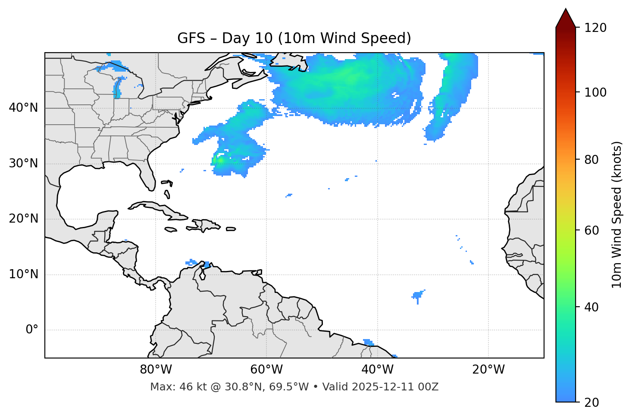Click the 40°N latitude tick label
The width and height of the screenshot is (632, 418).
(23, 108)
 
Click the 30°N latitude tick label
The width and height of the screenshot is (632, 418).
(23, 163)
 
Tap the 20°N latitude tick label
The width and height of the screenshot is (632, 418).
(23, 219)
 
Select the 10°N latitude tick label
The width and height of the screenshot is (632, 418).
(23, 274)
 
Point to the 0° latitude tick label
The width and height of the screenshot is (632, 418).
(32, 330)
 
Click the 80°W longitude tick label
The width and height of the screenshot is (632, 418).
(156, 370)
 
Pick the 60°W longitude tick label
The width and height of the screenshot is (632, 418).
(266, 370)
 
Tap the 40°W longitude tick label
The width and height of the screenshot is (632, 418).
(377, 370)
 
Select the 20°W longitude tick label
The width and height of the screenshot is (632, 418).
(488, 370)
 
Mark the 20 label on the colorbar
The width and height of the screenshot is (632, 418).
(592, 402)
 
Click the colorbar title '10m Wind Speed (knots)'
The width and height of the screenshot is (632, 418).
(617, 214)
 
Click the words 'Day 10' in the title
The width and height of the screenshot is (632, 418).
(247, 38)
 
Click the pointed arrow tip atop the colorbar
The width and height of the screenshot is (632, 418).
(566, 10)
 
